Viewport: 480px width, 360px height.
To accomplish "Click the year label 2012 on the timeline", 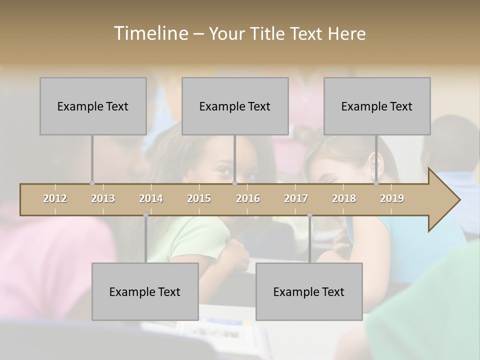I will pos(55,198).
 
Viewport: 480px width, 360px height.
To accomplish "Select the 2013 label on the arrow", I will pos(103,198).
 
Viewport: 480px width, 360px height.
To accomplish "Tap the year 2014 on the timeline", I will pos(151,198).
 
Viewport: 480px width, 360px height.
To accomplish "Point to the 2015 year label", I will pos(199,198).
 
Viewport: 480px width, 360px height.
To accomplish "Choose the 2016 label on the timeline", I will pos(248,198).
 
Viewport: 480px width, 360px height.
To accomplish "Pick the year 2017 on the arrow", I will pos(296,198).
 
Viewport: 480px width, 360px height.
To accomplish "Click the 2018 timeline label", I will pos(344,198).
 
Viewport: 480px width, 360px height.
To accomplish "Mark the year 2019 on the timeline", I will pos(392,198).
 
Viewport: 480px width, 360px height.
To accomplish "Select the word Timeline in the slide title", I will pos(150,33).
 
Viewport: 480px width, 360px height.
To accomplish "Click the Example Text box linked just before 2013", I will pos(93,106).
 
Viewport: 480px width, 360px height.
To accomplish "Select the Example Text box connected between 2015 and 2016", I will pos(235,106).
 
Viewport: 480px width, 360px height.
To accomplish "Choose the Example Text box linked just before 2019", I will pos(377,106).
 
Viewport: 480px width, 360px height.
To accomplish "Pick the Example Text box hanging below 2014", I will pos(145,291).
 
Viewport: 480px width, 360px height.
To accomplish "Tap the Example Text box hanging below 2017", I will pos(309,291).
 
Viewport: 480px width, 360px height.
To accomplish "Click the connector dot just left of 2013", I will pos(92,183).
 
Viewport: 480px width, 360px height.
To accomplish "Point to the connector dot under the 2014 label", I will pos(145,215).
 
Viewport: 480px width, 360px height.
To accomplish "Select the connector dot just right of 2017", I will pos(309,215).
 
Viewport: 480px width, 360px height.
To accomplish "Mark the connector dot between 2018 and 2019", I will pos(376,183).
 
